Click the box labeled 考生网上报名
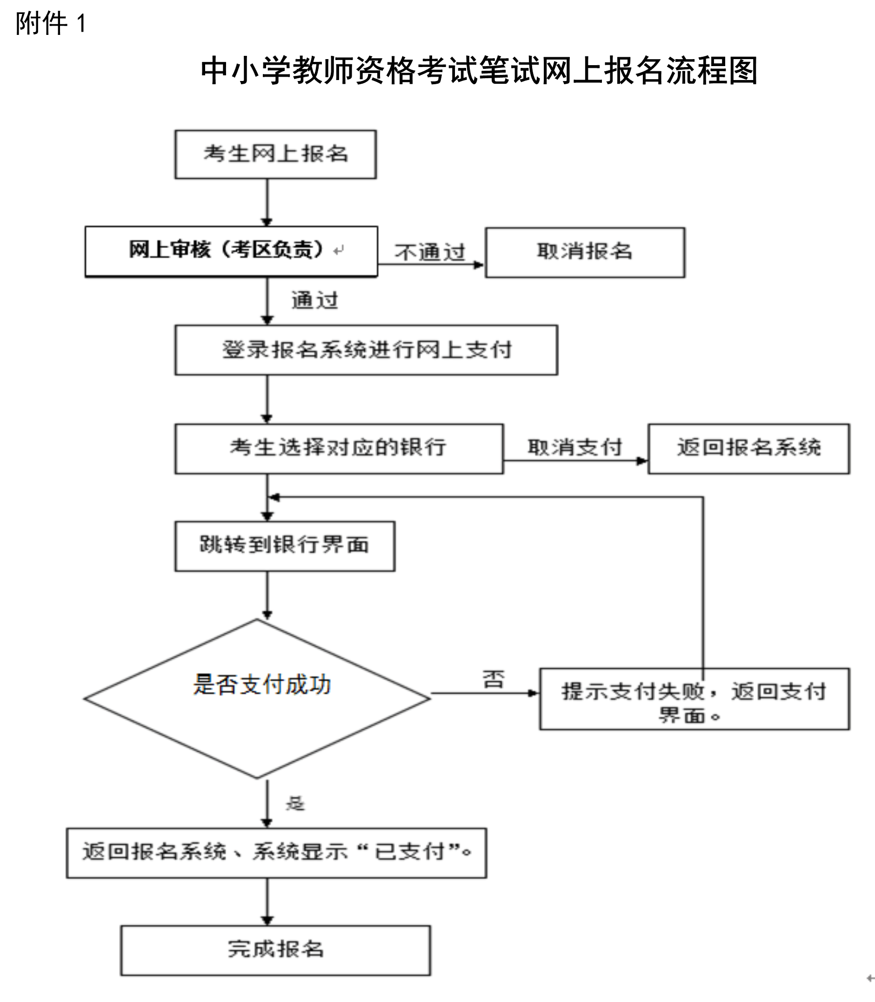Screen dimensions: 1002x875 275,154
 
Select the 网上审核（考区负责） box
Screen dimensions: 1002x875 231,251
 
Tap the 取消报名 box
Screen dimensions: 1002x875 585,252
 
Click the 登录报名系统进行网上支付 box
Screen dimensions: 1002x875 366,350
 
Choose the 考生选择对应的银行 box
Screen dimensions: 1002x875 339,448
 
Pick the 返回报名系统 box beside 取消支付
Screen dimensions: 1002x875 748,448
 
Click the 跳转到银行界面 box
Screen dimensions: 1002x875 285,546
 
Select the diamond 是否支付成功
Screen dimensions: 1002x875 257,698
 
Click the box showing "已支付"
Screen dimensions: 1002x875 276,853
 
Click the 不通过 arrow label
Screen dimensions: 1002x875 430,252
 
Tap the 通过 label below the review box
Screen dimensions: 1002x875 315,300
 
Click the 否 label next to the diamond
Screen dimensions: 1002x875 493,679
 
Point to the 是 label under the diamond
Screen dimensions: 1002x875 295,804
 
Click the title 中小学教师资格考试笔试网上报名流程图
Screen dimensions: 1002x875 479,71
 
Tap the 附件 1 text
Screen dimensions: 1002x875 51,23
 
